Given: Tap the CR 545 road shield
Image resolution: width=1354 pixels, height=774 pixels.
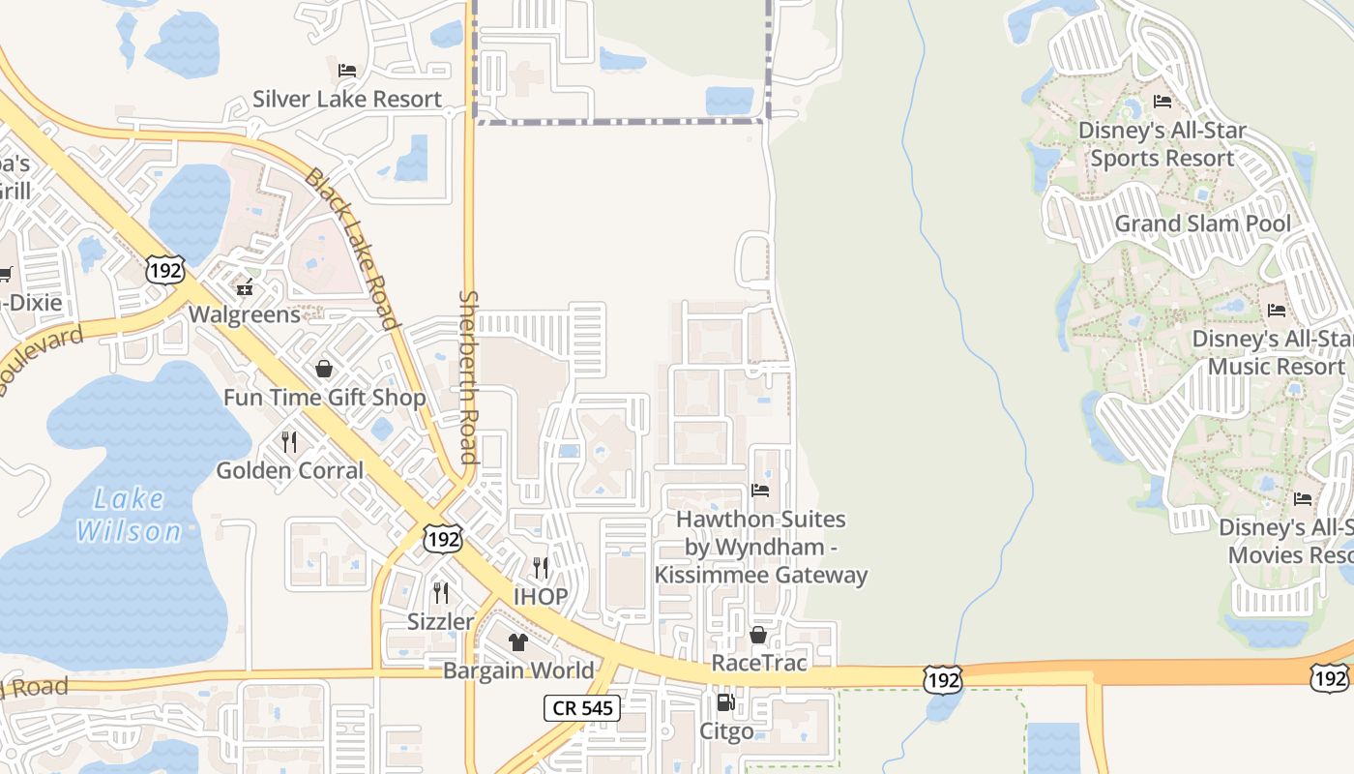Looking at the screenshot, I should (580, 708).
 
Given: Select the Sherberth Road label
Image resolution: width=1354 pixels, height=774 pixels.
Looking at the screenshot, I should (469, 376).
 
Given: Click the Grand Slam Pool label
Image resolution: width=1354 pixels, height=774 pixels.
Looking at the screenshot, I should (1202, 224).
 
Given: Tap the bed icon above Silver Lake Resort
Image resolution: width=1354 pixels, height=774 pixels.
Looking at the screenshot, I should (347, 71).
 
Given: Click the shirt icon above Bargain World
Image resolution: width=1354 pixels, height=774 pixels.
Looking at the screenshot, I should (517, 642).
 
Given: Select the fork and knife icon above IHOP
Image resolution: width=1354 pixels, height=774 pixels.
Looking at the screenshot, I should (541, 567).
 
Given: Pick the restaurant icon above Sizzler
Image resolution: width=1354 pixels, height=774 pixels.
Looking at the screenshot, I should (441, 592).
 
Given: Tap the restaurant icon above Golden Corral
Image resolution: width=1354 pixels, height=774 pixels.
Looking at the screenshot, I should (289, 442).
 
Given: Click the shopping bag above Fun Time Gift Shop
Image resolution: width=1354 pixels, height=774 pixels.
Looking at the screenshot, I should (324, 369).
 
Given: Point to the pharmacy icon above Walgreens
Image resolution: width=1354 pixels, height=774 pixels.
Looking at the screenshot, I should (245, 286).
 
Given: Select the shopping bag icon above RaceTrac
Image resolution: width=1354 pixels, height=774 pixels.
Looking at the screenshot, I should (758, 635).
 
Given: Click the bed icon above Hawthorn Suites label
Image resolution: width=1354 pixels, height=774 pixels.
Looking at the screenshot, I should (760, 491).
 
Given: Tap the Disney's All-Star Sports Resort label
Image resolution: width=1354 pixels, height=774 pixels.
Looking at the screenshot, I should (1163, 144).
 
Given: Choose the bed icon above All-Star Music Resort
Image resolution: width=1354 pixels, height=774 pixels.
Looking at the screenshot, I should (1277, 311).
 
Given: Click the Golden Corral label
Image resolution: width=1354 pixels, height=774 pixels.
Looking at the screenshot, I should (290, 471).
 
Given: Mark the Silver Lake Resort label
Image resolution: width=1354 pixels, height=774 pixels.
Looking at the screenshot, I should (347, 100).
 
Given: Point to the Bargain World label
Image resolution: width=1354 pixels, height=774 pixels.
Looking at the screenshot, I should (518, 670).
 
